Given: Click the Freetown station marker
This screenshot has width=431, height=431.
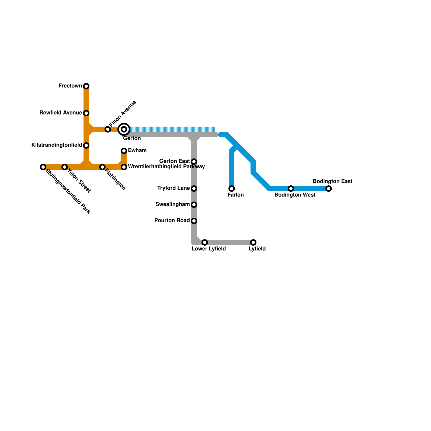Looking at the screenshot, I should pos(86,86).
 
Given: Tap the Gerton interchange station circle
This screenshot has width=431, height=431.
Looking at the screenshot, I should pos(124,129).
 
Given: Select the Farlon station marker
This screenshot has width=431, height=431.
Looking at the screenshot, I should pos(232,189).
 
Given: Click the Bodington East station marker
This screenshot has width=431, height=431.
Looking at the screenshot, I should pos(329,189).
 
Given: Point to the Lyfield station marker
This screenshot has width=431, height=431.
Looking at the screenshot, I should pos(253,242).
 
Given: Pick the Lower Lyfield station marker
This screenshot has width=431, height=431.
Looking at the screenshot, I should pos(205,242).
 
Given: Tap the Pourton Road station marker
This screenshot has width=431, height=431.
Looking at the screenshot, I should pos(194,221).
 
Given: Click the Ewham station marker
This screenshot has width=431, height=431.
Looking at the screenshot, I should pos(124,151).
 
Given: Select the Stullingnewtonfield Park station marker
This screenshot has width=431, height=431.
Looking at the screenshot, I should pos(43,167).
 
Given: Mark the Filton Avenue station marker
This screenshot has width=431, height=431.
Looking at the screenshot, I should pos(108,129).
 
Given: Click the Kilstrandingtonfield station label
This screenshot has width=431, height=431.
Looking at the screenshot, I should pos(57,145).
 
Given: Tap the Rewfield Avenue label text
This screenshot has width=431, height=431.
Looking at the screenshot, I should pos(61,113).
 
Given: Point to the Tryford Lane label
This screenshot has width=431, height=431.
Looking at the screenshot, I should pos(173,188).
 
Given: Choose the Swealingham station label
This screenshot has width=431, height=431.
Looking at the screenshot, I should pos(172,204).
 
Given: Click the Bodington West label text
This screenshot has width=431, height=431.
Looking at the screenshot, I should pos(295,195).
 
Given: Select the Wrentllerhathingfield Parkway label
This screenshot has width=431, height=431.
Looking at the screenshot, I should pos(166,167).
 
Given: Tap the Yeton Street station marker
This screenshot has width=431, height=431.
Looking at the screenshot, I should pos(64,167).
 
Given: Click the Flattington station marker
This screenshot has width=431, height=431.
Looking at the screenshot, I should pos(102,167).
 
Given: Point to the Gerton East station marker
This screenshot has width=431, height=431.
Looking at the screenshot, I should pos(194,162).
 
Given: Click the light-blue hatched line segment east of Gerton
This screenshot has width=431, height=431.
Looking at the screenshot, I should pos(172,129).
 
